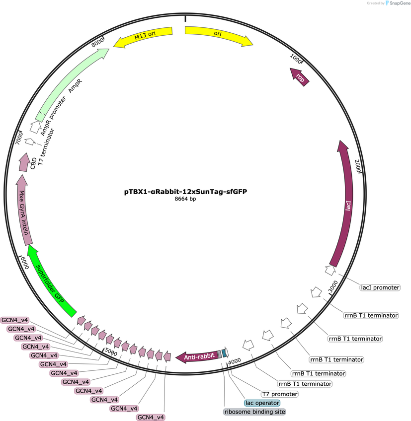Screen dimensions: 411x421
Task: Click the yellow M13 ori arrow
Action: (x=144, y=36)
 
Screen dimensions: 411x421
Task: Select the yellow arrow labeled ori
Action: (x=218, y=34)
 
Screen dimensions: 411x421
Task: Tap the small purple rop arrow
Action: (x=300, y=77)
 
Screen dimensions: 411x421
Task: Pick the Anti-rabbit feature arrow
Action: (x=198, y=356)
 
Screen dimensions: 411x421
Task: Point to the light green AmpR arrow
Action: (x=71, y=83)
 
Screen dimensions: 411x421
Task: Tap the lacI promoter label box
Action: (x=380, y=287)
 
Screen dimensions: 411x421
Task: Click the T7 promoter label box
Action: (x=280, y=394)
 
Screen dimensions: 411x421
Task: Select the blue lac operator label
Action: (x=262, y=403)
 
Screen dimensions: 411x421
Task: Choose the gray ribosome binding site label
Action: (x=254, y=412)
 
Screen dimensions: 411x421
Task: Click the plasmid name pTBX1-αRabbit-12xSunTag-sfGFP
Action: (x=185, y=192)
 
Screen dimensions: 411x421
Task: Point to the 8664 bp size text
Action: (x=185, y=199)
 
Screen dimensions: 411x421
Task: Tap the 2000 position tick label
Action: (x=357, y=166)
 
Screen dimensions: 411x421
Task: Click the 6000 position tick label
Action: (x=24, y=263)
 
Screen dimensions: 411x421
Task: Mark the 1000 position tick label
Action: (x=296, y=59)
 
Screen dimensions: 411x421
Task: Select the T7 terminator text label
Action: (x=46, y=147)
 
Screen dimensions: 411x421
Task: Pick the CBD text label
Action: (x=33, y=164)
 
